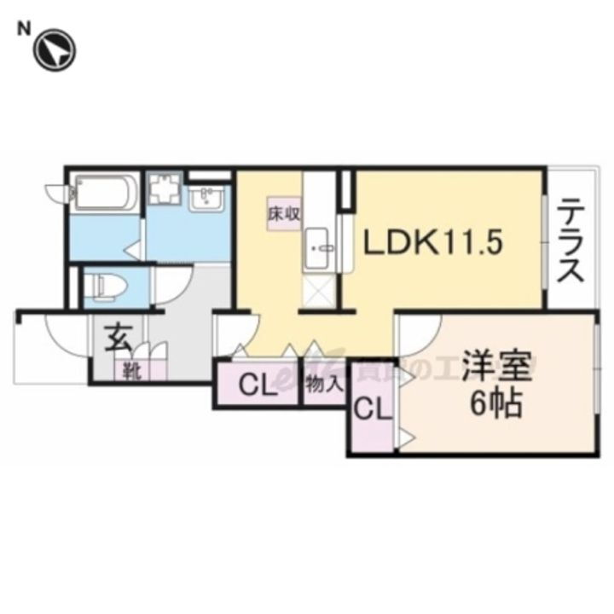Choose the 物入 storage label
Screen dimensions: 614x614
[324, 385]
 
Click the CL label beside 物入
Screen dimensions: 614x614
[258, 386]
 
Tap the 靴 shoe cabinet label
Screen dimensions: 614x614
[130, 371]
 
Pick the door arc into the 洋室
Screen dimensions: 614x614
[420, 334]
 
